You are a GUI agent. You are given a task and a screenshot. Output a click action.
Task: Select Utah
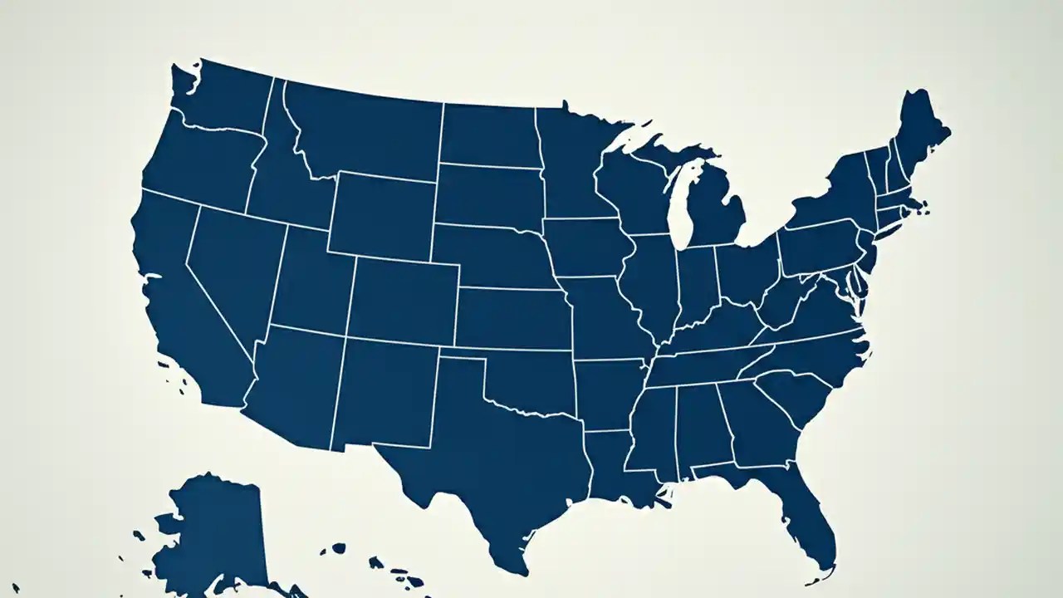point(311,282)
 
